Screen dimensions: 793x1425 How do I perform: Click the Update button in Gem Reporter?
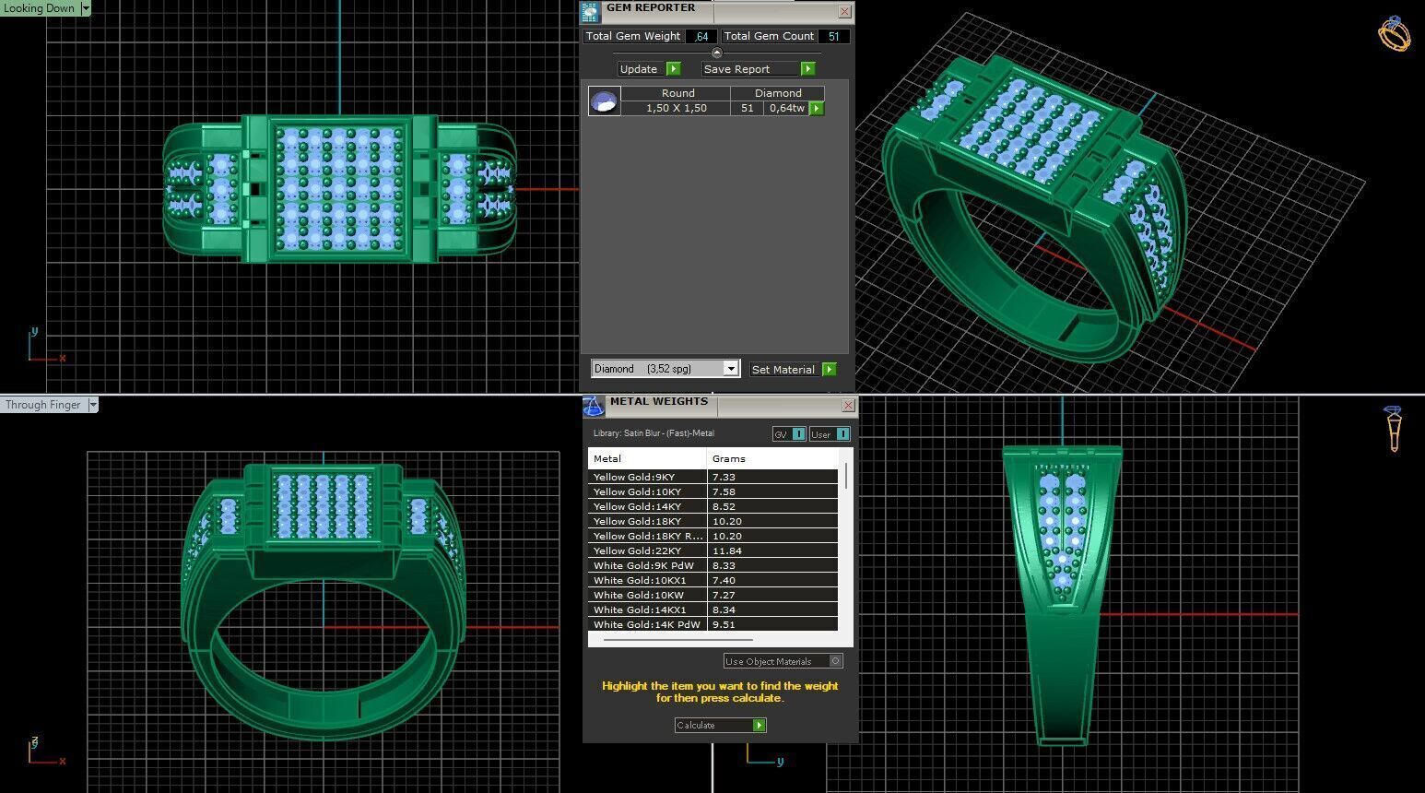648,69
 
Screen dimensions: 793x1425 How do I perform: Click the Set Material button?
792,370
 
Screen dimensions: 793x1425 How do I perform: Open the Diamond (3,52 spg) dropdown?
730,369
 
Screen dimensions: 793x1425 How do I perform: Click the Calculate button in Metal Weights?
720,726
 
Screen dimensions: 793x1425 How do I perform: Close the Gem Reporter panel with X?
844,12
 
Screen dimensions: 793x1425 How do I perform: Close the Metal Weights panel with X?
848,406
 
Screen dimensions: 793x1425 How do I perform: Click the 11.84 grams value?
727,551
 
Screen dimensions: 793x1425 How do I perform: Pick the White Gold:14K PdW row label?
646,625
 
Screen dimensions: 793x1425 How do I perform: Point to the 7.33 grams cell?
724,478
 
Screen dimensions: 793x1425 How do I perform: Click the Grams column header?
728,459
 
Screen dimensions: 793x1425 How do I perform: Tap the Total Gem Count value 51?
834,37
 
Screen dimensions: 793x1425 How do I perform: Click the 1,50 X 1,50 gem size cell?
676,109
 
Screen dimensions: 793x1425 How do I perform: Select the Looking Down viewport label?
40,8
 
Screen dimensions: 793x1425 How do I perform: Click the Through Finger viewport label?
43,405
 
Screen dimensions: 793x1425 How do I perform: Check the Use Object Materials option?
835,661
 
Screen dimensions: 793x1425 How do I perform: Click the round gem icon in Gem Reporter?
604,101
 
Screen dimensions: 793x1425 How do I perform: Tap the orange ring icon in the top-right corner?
1393,34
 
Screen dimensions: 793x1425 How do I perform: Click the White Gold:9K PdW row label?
643,566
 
